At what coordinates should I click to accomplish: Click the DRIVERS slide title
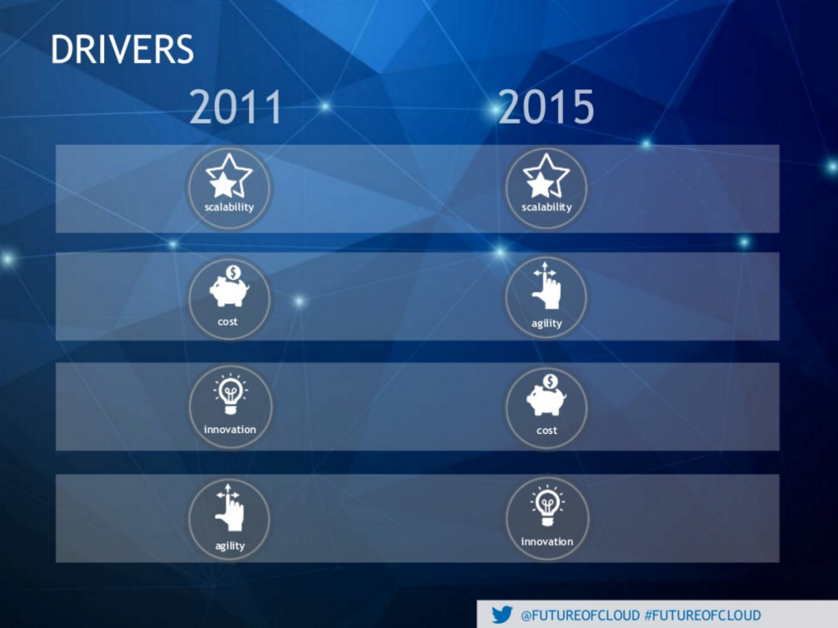click(122, 49)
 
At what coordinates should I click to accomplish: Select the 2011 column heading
click(236, 108)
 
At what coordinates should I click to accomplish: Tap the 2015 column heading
click(546, 108)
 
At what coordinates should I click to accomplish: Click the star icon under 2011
click(228, 176)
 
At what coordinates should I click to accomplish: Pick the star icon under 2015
click(546, 176)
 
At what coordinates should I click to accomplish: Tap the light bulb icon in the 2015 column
click(547, 505)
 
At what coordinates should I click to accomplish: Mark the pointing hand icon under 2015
click(546, 287)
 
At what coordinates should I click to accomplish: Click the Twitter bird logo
click(502, 615)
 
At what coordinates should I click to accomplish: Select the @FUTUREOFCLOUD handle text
click(580, 615)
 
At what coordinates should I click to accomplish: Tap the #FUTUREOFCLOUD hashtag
click(702, 615)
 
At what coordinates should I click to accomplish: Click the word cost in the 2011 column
click(228, 322)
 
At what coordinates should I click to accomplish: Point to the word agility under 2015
click(547, 323)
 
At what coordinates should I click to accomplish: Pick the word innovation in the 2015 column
click(547, 541)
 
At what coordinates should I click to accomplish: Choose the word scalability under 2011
click(229, 207)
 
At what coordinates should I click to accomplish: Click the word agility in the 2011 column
click(230, 545)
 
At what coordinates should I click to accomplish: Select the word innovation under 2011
click(230, 429)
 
